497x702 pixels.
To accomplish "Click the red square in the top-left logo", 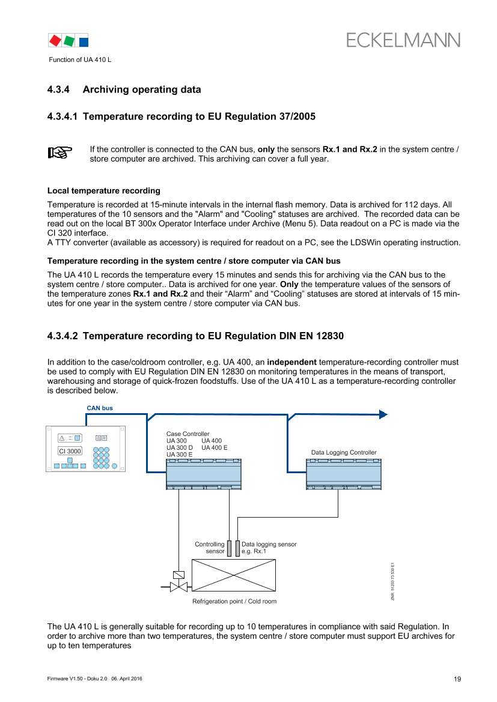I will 55,40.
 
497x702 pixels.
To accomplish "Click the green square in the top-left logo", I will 70,40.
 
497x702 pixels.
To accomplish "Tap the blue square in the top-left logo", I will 84,41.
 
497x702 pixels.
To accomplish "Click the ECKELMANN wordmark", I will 403,40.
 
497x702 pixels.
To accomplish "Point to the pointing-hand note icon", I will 59,152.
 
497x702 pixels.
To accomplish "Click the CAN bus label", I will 100,408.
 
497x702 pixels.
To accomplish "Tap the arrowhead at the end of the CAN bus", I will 382,414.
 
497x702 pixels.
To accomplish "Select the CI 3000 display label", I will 70,451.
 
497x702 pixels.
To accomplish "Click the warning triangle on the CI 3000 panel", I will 61,438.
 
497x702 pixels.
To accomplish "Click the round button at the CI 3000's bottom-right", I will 114,465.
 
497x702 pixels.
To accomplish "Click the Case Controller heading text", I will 188,434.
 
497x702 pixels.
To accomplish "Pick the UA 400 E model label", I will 215,447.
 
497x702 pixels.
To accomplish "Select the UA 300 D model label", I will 180,447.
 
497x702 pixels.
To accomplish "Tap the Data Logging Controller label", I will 344,452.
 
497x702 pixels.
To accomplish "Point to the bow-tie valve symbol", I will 178,587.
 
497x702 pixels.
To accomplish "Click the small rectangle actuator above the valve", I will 178,575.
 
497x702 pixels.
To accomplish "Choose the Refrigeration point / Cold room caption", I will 234,601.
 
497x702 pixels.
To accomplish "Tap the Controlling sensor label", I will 210,548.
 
